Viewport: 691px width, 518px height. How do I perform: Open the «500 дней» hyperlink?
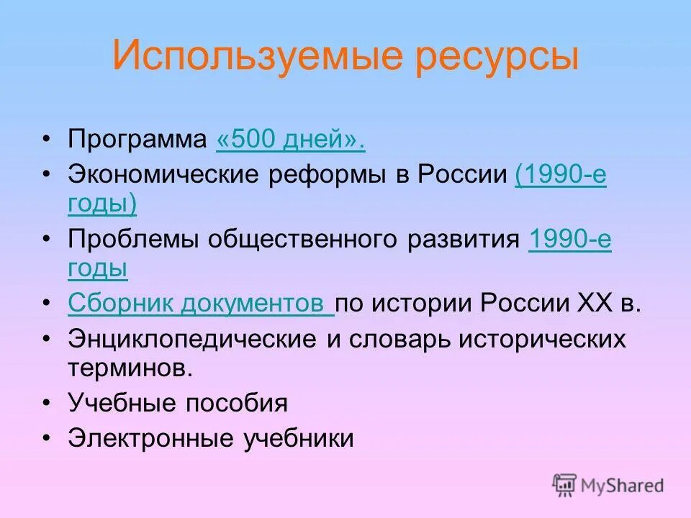tap(290, 140)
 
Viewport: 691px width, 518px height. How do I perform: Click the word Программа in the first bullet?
tap(137, 140)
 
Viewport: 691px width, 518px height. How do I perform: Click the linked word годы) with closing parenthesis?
tap(102, 204)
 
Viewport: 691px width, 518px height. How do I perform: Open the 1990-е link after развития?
tap(569, 240)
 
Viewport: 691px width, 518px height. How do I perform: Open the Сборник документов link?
tap(200, 303)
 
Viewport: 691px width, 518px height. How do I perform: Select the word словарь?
tap(399, 339)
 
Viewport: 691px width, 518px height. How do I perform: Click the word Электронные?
tap(145, 438)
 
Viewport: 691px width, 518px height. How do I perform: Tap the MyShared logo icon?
tap(565, 485)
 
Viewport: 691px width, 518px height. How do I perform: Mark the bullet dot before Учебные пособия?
tap(47, 404)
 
